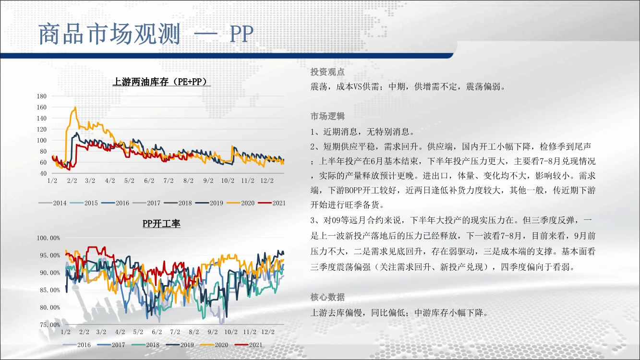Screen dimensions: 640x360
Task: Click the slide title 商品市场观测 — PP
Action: click(x=146, y=34)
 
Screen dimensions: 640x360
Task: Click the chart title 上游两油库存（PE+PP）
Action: click(x=161, y=82)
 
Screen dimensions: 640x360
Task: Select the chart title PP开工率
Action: click(x=161, y=223)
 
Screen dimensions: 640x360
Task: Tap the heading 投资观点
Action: click(x=327, y=72)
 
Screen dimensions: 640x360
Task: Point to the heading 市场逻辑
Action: click(x=327, y=116)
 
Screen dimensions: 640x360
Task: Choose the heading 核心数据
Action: click(x=327, y=297)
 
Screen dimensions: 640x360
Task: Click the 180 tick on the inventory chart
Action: click(x=42, y=96)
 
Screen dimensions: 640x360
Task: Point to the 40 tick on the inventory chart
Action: click(x=43, y=173)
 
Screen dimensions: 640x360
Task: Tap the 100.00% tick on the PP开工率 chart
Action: click(x=48, y=238)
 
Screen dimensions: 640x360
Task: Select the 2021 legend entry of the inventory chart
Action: click(x=272, y=203)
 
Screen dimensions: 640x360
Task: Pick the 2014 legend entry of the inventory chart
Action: click(x=52, y=203)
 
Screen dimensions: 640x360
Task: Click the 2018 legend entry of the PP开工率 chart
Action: click(x=145, y=345)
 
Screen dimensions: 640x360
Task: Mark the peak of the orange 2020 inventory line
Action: click(x=75, y=107)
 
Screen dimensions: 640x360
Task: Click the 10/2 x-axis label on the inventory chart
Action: click(x=228, y=180)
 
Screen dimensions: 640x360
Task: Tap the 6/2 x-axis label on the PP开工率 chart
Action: click(x=157, y=332)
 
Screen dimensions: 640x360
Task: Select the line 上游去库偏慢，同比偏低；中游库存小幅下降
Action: click(x=399, y=313)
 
